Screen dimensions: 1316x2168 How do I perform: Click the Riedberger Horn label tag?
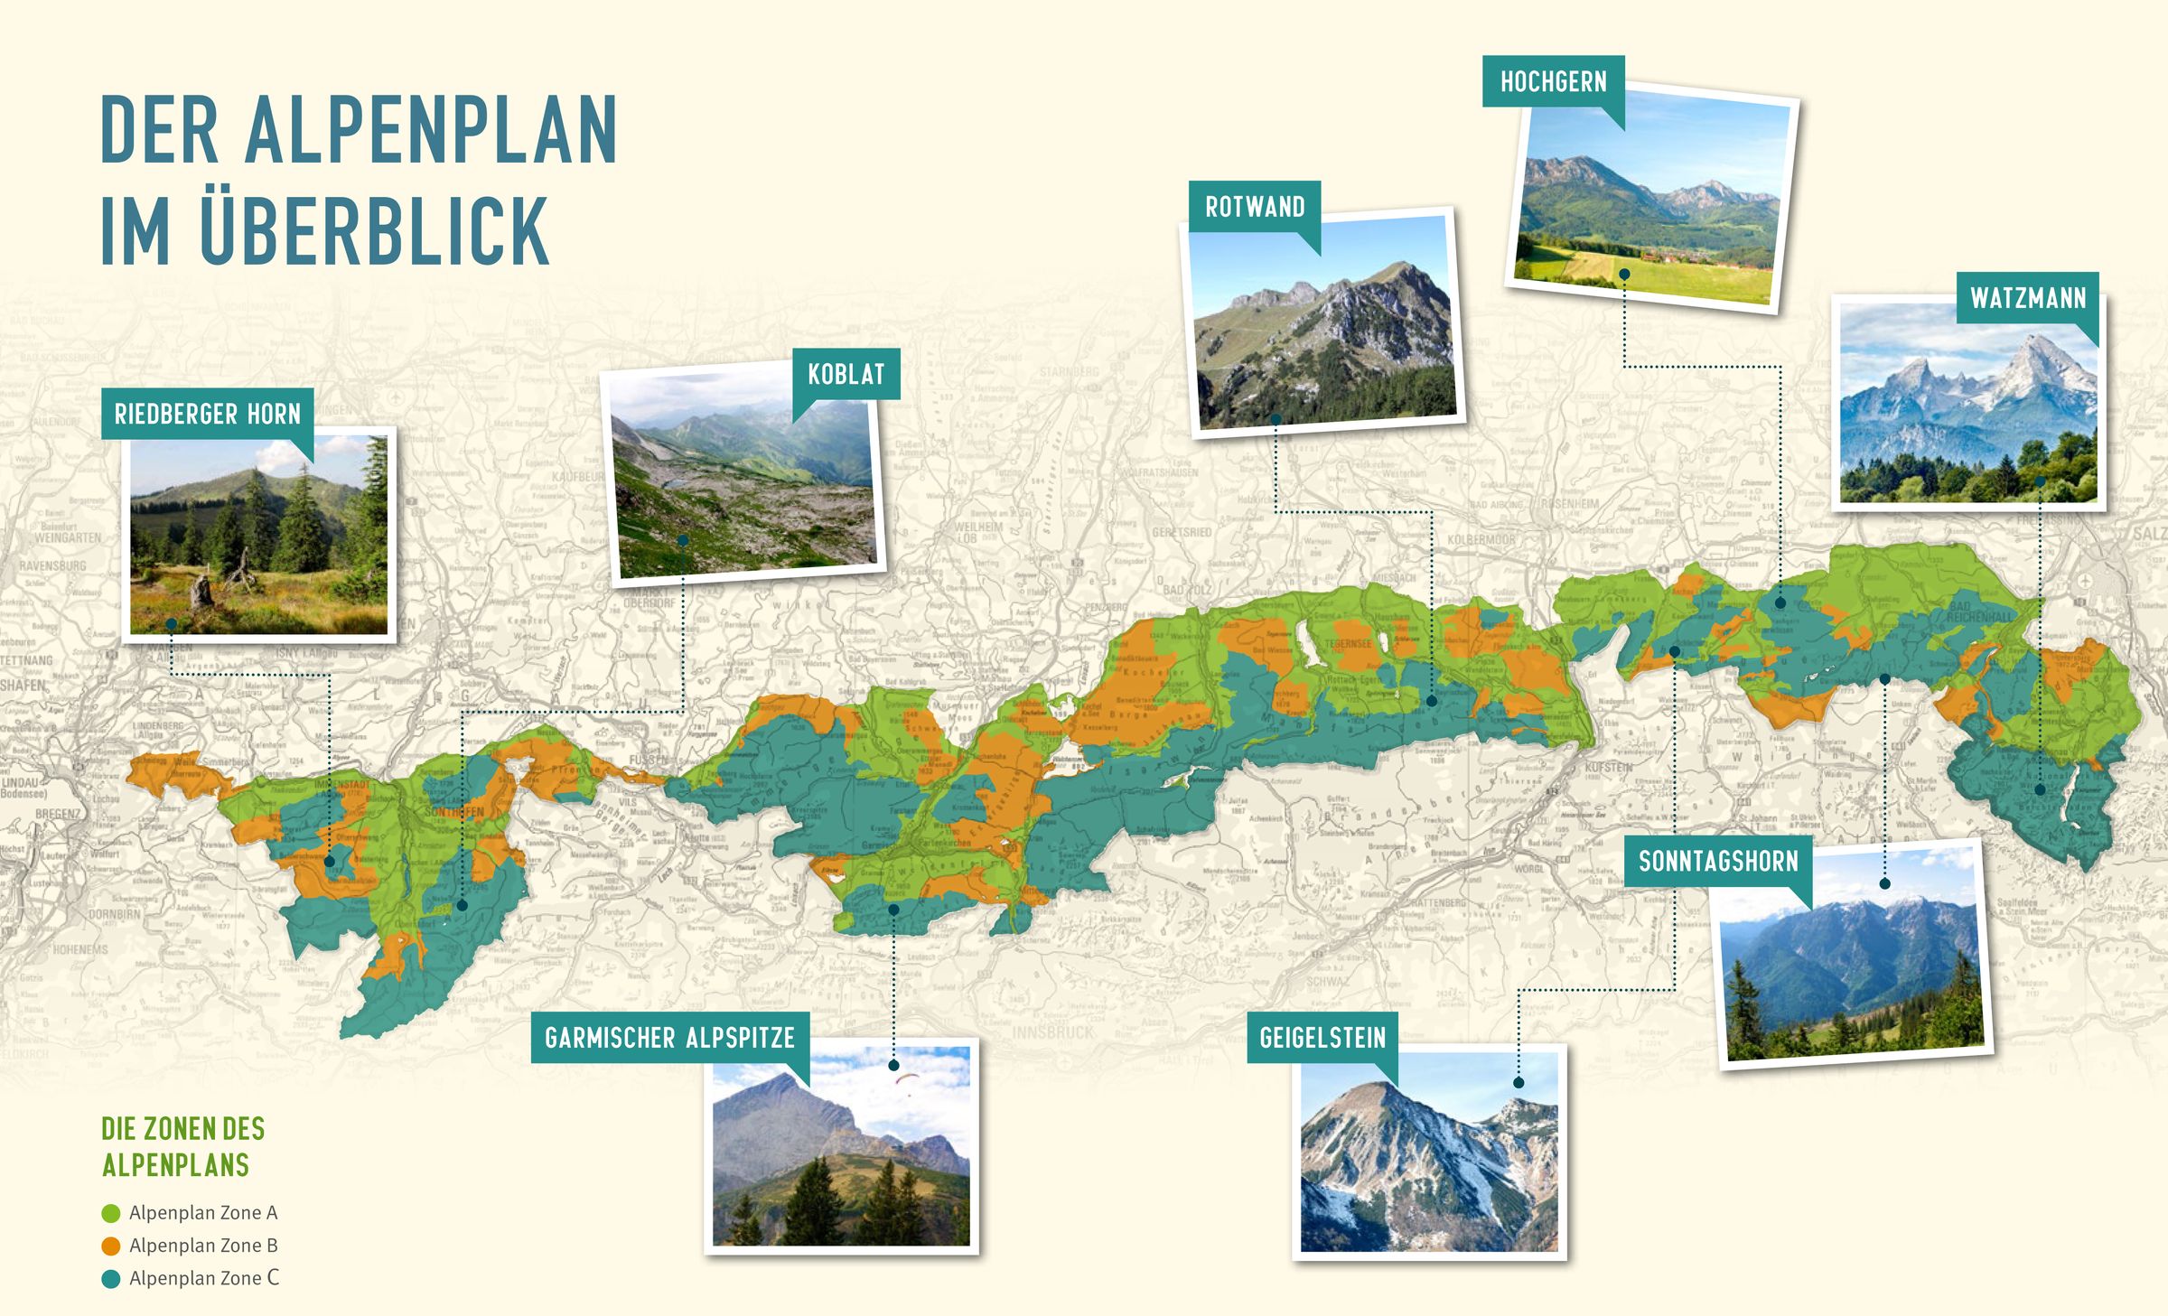tap(207, 414)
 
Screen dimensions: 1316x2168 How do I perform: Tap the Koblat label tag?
tap(846, 374)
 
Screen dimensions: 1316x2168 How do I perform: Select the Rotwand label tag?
tap(1254, 207)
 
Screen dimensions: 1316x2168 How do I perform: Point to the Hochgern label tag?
tap(1553, 82)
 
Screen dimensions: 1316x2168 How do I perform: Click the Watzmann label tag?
tap(2028, 298)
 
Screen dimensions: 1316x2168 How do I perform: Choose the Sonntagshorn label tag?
tap(1717, 861)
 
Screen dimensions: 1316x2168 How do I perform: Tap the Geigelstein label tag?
tap(1322, 1037)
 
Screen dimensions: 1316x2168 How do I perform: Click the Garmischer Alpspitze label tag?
tap(669, 1037)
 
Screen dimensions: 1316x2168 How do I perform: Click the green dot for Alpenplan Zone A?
tap(111, 1213)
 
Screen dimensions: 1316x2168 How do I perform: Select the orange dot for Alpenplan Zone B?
tap(111, 1246)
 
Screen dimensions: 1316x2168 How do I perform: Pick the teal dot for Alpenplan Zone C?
tap(111, 1279)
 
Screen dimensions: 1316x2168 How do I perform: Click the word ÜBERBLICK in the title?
tap(374, 229)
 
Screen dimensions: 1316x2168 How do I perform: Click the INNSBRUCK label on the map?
tap(1052, 1031)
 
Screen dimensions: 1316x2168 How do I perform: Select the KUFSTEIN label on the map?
tap(1609, 767)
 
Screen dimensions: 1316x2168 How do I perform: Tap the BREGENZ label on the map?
tap(57, 814)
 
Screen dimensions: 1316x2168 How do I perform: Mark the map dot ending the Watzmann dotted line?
tap(2040, 789)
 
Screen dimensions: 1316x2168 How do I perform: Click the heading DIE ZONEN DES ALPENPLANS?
tap(182, 1146)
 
